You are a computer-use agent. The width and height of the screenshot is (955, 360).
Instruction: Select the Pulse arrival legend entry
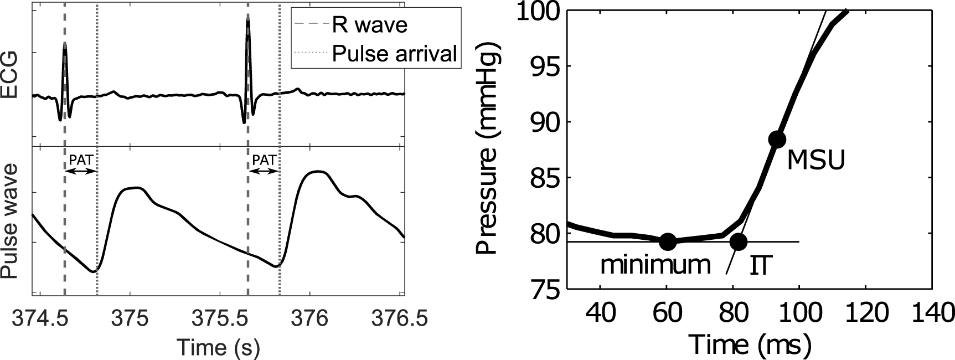[394, 54]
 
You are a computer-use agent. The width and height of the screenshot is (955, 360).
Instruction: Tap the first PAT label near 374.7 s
[81, 160]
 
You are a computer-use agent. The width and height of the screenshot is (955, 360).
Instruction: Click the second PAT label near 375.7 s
[264, 160]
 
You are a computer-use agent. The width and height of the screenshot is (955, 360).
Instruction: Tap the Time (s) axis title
[218, 347]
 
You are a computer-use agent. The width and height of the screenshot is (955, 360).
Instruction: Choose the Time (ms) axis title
[750, 344]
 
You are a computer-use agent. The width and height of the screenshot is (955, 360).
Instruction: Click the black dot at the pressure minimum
[668, 241]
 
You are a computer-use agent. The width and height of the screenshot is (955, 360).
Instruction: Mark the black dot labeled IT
[738, 241]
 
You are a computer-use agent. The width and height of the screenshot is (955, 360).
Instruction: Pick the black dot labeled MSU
[777, 139]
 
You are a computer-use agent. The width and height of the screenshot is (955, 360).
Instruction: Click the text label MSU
[816, 161]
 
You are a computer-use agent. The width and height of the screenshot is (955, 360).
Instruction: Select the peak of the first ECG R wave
[65, 43]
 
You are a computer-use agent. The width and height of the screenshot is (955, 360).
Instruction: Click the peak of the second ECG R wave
[248, 16]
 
